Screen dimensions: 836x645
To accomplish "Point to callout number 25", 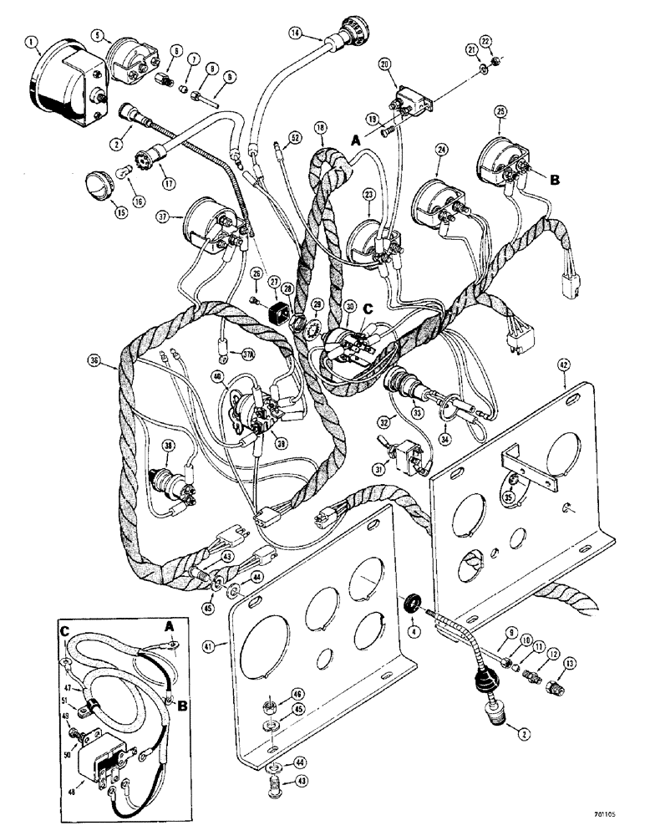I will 500,112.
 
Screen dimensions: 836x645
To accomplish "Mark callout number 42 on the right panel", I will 565,364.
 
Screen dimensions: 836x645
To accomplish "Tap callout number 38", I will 170,446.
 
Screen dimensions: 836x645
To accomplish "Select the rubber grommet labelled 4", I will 413,603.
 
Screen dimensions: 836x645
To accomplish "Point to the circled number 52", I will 294,136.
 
